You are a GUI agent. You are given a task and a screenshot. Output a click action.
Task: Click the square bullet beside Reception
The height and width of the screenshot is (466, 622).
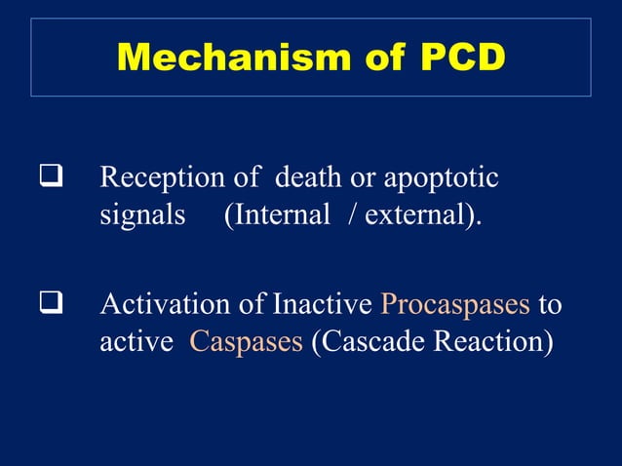tap(45, 179)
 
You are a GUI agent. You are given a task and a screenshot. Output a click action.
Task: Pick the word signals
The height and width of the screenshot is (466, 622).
tap(142, 214)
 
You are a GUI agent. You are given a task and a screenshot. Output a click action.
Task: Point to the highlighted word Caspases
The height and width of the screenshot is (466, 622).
tap(246, 342)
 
